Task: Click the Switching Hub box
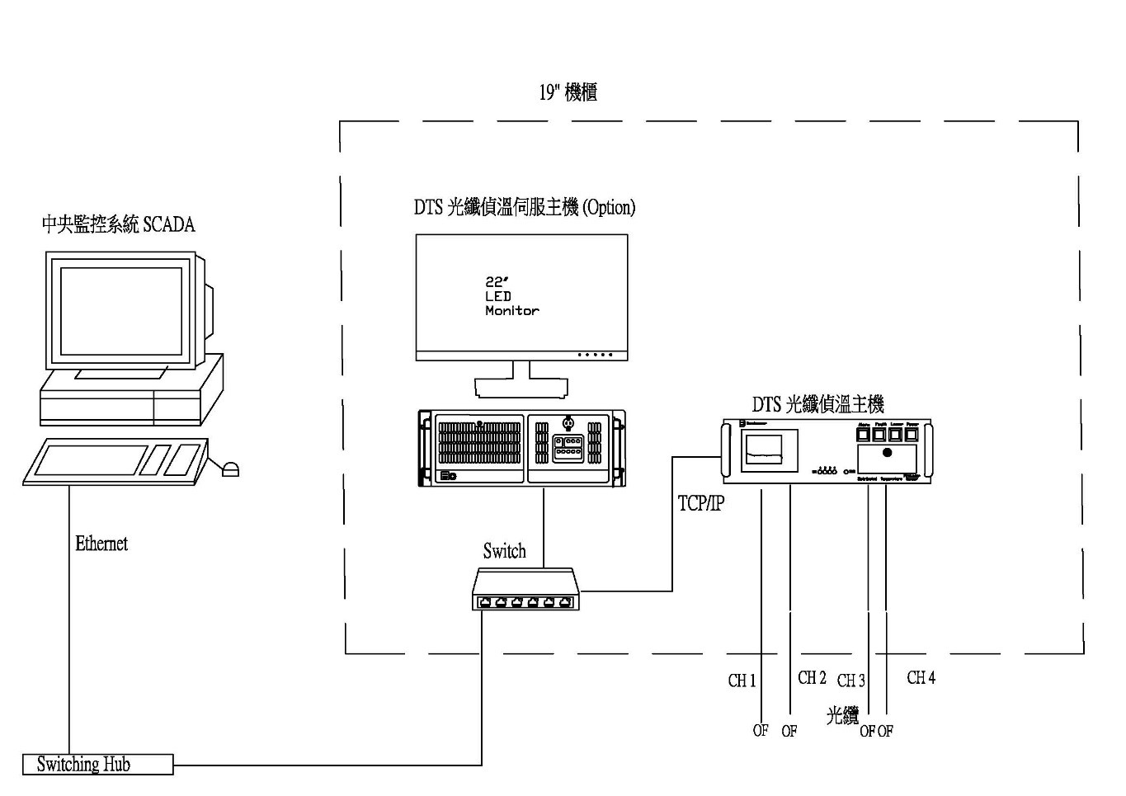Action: pyautogui.click(x=97, y=765)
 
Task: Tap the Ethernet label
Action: pyautogui.click(x=101, y=544)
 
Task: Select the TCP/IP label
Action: pyautogui.click(x=700, y=502)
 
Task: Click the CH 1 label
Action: pyautogui.click(x=742, y=681)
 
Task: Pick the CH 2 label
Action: pyautogui.click(x=812, y=678)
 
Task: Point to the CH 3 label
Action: pyautogui.click(x=850, y=681)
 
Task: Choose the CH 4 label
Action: pyautogui.click(x=921, y=678)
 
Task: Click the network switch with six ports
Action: pyautogui.click(x=526, y=591)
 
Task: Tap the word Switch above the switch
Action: pyautogui.click(x=504, y=551)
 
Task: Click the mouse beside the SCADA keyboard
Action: pyautogui.click(x=230, y=469)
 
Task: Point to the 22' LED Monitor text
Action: pyautogui.click(x=511, y=296)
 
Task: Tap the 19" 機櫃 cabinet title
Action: pyautogui.click(x=568, y=92)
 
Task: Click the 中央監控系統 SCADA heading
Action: pyautogui.click(x=119, y=224)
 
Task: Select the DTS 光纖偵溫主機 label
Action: pyautogui.click(x=817, y=404)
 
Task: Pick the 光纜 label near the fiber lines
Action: pyautogui.click(x=842, y=715)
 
